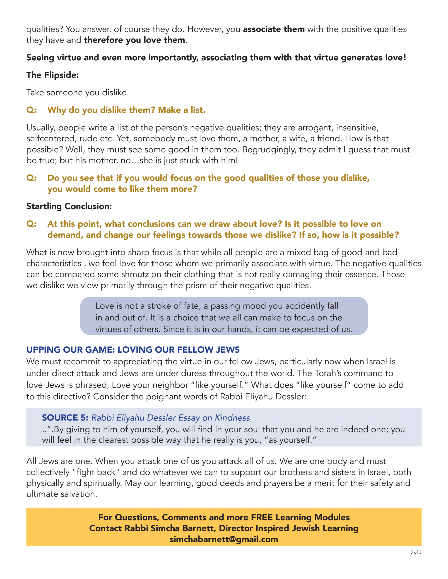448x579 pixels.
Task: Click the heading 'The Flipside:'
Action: pos(52,75)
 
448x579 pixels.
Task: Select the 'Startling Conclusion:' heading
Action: pos(69,206)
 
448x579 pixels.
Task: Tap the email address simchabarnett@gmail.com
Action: pos(224,539)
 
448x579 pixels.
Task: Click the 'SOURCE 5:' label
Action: pos(65,418)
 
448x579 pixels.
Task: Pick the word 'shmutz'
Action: pos(135,274)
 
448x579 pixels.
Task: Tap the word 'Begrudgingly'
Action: pos(269,149)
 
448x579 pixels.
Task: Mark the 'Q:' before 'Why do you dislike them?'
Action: pos(31,110)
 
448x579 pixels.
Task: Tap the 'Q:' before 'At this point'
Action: pos(31,224)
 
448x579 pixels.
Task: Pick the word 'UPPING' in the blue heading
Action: pos(43,350)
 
